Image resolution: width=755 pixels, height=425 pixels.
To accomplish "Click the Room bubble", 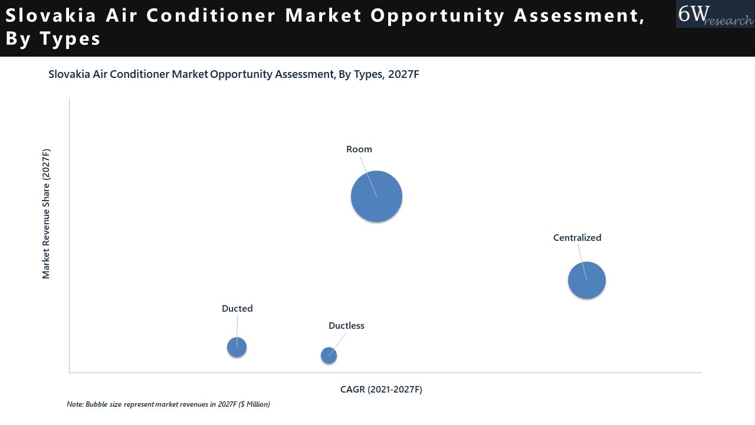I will click(376, 197).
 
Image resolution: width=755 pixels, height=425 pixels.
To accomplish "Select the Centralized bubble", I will click(586, 280).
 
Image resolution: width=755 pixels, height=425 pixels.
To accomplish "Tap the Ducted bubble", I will click(237, 348).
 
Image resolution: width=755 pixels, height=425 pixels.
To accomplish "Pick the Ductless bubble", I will click(329, 355).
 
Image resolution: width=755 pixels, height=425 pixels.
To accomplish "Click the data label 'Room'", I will click(359, 149).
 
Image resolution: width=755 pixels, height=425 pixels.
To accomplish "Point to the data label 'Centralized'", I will click(577, 238).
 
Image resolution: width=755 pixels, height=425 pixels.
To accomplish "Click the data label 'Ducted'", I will click(237, 309).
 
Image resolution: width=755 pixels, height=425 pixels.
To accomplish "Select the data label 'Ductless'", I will click(346, 326).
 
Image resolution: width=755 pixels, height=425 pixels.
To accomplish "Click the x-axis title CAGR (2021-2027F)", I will click(381, 390).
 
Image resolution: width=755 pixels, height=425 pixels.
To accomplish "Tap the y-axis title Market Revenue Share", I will click(46, 214).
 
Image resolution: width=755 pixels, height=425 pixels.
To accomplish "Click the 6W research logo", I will click(715, 14).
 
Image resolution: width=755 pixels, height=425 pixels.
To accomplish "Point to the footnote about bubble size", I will click(168, 404).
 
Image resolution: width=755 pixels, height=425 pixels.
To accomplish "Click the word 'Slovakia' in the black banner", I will click(50, 16).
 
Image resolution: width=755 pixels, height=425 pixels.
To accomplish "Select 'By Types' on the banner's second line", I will click(53, 39).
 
